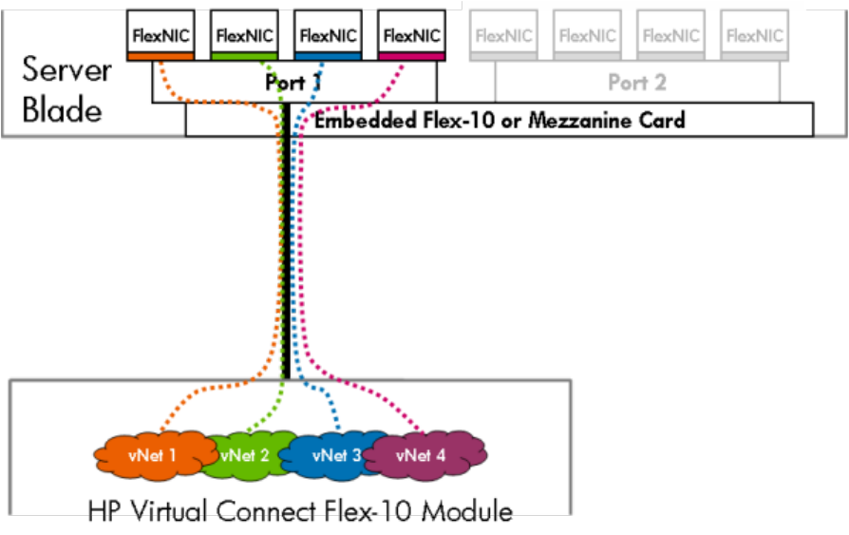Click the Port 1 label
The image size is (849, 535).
[x=292, y=84]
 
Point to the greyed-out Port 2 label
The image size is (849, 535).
[x=636, y=84]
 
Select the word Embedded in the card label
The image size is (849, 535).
[x=358, y=121]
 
